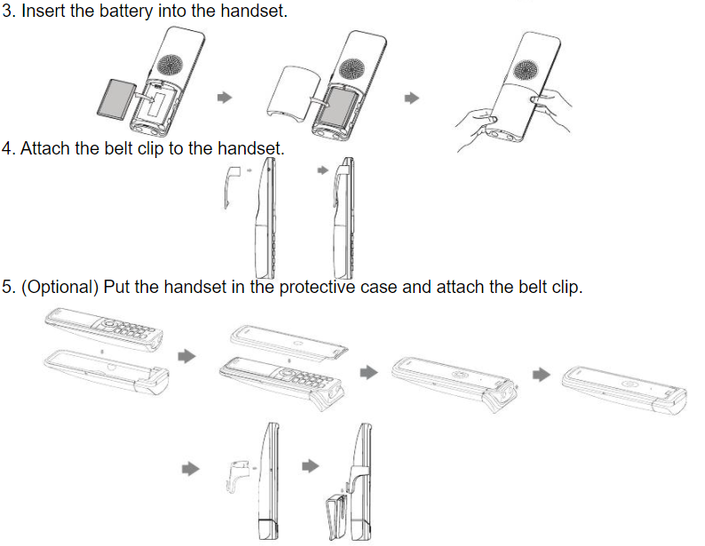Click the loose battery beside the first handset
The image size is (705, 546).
pos(115,98)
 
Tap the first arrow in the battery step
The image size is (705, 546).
pos(226,97)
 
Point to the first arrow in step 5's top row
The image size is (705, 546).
pos(186,355)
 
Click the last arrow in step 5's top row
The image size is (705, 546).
pos(541,375)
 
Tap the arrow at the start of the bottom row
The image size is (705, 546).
pos(188,465)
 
